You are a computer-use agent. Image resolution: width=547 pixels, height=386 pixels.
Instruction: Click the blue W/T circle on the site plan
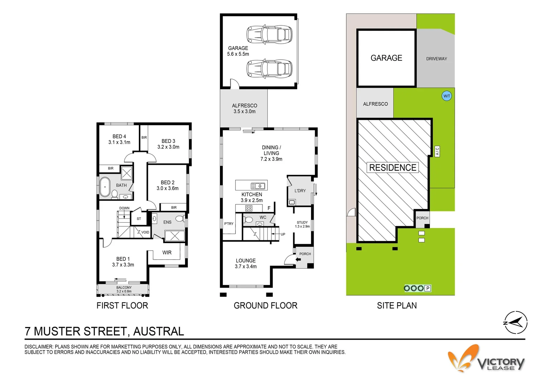447,96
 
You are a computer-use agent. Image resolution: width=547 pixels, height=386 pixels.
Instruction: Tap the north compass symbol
515,322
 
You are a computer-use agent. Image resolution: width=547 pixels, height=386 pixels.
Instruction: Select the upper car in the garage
269,34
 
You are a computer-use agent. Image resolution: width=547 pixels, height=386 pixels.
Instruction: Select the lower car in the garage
269,68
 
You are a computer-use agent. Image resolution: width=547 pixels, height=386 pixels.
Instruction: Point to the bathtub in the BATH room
105,187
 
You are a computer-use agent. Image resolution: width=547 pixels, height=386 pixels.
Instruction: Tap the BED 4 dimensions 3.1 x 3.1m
119,142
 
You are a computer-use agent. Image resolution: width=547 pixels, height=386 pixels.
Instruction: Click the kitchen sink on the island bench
258,185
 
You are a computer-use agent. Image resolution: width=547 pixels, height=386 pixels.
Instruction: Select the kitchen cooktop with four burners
249,208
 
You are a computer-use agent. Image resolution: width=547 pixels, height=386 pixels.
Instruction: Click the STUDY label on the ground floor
302,222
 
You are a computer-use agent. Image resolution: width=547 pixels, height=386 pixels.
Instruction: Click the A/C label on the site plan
437,152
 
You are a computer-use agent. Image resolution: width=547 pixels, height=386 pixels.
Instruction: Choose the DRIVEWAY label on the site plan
436,59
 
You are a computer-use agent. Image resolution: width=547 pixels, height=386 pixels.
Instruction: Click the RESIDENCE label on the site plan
392,168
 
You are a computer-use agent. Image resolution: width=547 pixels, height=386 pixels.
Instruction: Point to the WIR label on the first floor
167,252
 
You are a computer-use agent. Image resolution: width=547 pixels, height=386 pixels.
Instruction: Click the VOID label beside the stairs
145,232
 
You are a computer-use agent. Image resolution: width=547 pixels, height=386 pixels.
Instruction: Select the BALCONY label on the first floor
124,287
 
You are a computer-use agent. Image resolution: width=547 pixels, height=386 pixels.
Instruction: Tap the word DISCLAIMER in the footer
38,347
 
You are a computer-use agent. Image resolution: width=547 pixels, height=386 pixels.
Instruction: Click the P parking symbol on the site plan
428,288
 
